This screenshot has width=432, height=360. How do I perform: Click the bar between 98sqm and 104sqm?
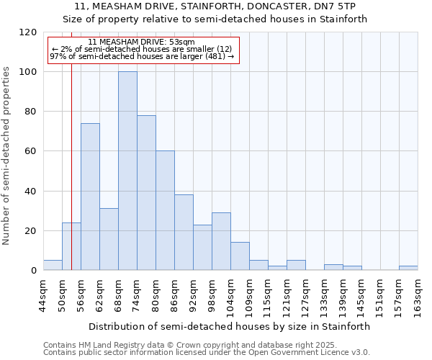[x=221, y=241]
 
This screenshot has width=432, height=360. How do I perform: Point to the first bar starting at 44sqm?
[x=53, y=265]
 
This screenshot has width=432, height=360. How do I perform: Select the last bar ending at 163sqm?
[x=408, y=268]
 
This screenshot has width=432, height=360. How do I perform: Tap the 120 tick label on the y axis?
[x=28, y=32]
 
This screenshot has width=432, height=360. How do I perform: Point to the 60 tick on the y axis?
[x=31, y=151]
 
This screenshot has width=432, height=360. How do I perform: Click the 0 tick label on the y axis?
[x=34, y=271]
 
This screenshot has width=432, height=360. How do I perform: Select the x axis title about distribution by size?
[x=230, y=326]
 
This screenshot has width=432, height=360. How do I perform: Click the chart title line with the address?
[x=215, y=6]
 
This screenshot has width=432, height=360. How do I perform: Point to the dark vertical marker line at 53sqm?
[x=71, y=180]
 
